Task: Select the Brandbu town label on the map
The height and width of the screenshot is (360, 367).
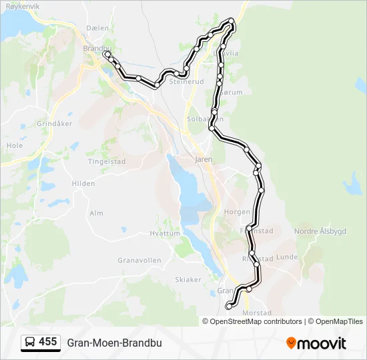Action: [x=96, y=48]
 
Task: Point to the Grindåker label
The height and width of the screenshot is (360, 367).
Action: [x=54, y=124]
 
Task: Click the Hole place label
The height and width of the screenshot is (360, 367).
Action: [x=14, y=145]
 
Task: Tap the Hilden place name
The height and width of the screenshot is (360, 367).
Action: [x=83, y=183]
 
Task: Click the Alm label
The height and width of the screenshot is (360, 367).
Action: [x=96, y=213]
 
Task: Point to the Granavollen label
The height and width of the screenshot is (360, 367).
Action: [x=136, y=260]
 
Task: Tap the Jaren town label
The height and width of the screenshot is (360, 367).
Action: [x=203, y=160]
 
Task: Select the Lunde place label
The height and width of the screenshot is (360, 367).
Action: [x=286, y=257]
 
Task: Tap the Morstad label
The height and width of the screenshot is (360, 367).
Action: [x=258, y=313]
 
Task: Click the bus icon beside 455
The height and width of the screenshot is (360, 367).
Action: [x=30, y=342]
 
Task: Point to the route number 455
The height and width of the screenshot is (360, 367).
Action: [x=48, y=341]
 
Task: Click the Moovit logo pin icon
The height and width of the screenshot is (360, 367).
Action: [x=291, y=343]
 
